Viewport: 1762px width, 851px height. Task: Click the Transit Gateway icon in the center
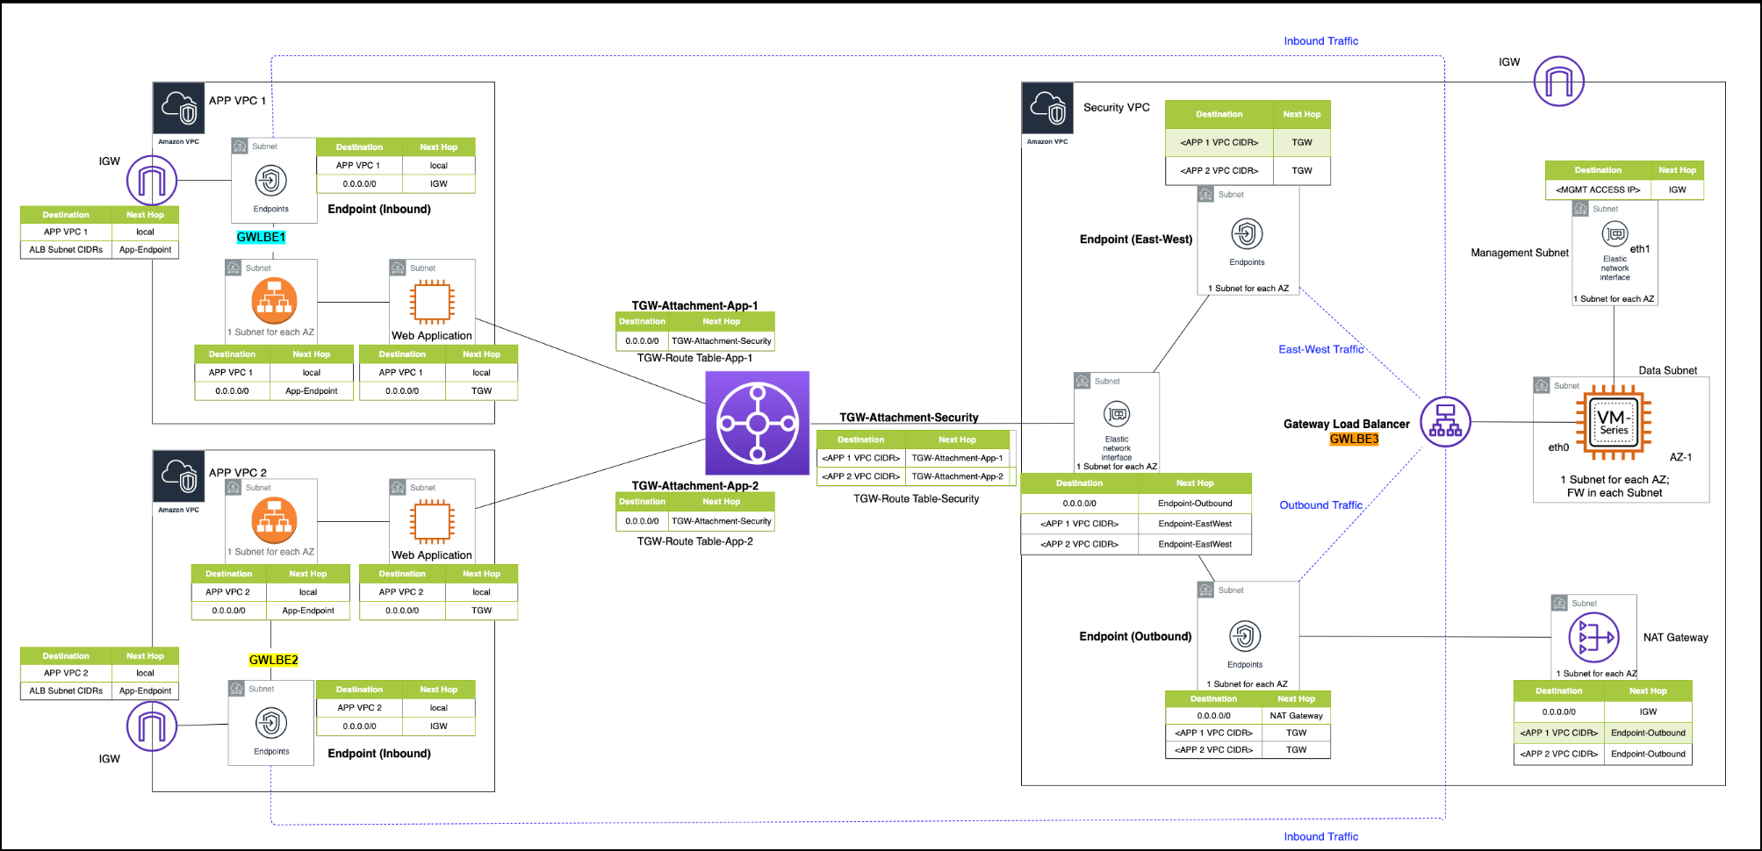tap(757, 423)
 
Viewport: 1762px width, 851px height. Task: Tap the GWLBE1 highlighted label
tap(261, 237)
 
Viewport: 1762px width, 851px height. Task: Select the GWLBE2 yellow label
tap(273, 660)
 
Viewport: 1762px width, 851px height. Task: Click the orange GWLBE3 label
tap(1354, 439)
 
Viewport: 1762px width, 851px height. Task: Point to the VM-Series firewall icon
tap(1613, 423)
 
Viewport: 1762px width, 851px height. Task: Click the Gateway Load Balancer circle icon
tap(1445, 422)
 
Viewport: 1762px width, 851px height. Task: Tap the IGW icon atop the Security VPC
tap(1558, 82)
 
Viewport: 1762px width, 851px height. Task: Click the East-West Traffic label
tap(1320, 349)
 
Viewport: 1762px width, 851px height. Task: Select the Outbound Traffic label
tap(1320, 505)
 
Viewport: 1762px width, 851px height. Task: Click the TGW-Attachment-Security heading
tap(909, 418)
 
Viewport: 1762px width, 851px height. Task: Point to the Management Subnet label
tap(1519, 253)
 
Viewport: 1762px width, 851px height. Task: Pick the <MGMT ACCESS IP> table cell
tap(1598, 190)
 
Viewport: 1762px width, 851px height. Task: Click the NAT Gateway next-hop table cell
tap(1296, 716)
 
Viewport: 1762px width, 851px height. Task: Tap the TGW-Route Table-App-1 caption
tap(694, 358)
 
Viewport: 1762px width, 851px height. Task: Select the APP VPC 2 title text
tap(237, 472)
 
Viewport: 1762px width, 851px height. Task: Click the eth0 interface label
tap(1557, 447)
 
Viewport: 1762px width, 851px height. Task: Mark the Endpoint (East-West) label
tap(1135, 239)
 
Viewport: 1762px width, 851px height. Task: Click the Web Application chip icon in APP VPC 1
tap(432, 302)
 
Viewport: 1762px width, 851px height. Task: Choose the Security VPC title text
tap(1116, 107)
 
